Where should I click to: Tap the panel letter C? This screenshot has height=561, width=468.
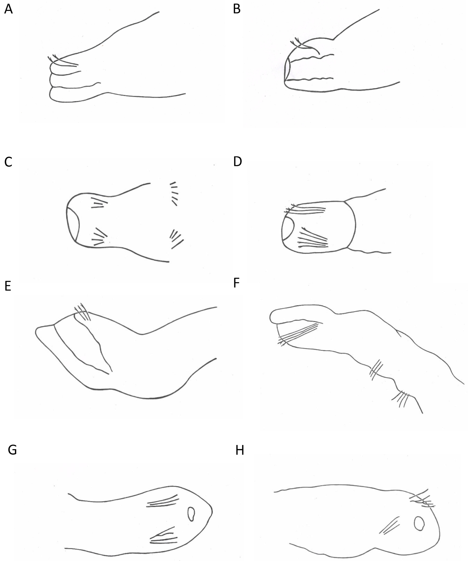click(x=8, y=162)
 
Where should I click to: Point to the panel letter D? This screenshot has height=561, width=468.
click(x=237, y=161)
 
